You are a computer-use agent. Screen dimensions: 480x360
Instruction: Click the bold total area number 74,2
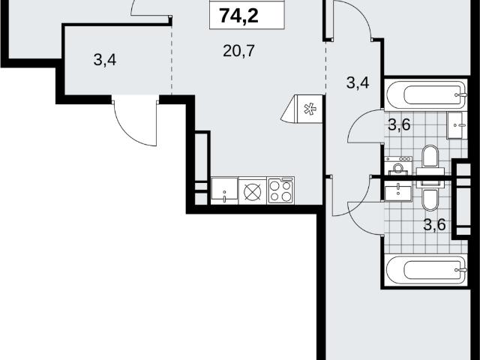pyautogui.click(x=239, y=16)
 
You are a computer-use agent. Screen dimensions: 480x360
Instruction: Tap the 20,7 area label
pyautogui.click(x=238, y=51)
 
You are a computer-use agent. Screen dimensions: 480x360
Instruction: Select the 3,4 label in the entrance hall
pyautogui.click(x=105, y=59)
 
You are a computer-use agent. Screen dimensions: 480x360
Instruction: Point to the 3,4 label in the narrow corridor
pyautogui.click(x=358, y=82)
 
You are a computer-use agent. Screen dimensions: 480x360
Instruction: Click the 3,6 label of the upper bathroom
pyautogui.click(x=399, y=124)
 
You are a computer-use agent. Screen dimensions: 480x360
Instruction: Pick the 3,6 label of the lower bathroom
pyautogui.click(x=434, y=225)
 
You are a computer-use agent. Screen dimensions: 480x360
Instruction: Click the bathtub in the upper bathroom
pyautogui.click(x=426, y=94)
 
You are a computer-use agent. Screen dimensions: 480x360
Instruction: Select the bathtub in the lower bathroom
pyautogui.click(x=426, y=270)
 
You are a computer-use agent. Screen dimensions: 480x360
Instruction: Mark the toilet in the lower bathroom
pyautogui.click(x=430, y=196)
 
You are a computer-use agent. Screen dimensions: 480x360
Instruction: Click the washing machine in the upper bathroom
pyautogui.click(x=398, y=166)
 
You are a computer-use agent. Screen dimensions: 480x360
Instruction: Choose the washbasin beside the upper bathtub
pyautogui.click(x=457, y=125)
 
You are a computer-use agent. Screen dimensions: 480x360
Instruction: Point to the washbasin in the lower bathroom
pyautogui.click(x=398, y=191)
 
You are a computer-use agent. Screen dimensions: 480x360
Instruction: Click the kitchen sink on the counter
pyautogui.click(x=224, y=190)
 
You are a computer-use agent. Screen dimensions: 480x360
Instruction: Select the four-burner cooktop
pyautogui.click(x=280, y=190)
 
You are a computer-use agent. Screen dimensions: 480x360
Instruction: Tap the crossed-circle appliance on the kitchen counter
pyautogui.click(x=253, y=192)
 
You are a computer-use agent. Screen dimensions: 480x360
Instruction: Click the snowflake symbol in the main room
pyautogui.click(x=310, y=109)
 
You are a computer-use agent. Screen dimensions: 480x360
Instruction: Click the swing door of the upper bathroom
pyautogui.click(x=366, y=126)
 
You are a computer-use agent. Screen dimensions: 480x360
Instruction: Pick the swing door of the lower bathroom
pyautogui.click(x=366, y=218)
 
